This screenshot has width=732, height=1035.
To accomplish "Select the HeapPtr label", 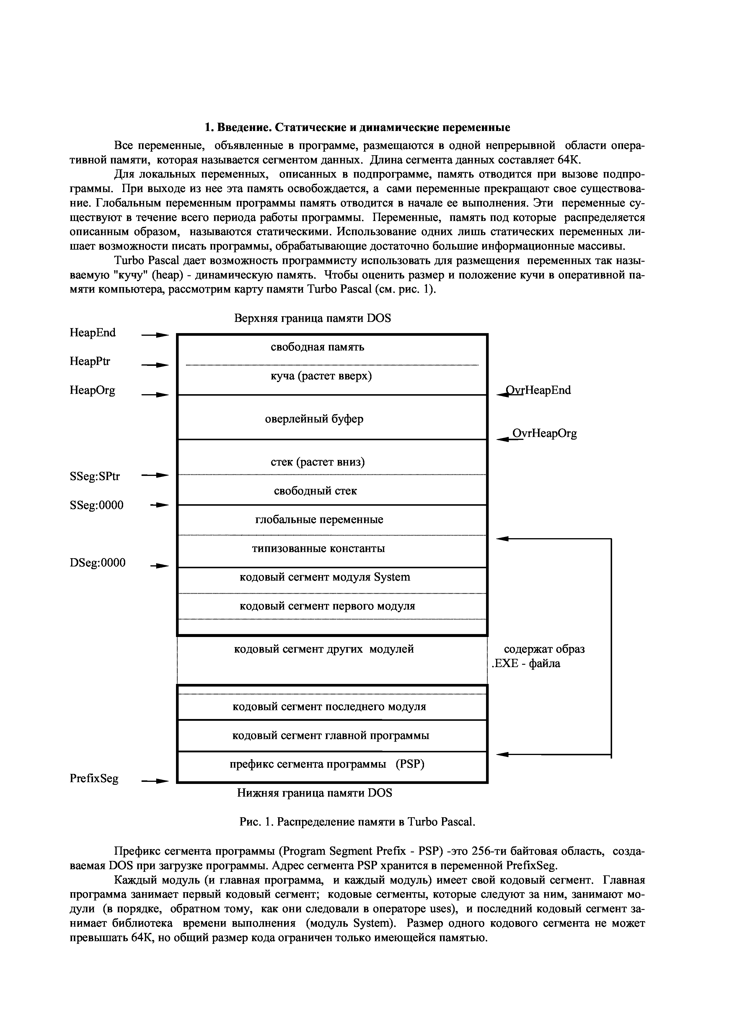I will click(x=90, y=361).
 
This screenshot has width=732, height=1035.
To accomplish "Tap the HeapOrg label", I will click(x=92, y=390).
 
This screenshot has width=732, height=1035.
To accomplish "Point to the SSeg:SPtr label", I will click(x=95, y=476).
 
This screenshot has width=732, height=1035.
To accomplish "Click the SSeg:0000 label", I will click(x=97, y=505).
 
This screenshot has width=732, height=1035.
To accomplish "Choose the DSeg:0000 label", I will click(x=98, y=563).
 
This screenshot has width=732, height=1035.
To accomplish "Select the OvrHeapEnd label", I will click(x=538, y=390).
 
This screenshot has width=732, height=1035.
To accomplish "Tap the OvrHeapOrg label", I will click(x=544, y=434).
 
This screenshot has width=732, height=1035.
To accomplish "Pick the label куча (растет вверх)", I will click(x=321, y=376).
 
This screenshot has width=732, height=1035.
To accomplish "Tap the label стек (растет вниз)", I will click(x=318, y=462).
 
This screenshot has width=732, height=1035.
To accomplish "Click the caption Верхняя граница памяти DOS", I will click(x=313, y=318).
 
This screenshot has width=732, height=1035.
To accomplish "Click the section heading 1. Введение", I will click(x=357, y=127).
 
